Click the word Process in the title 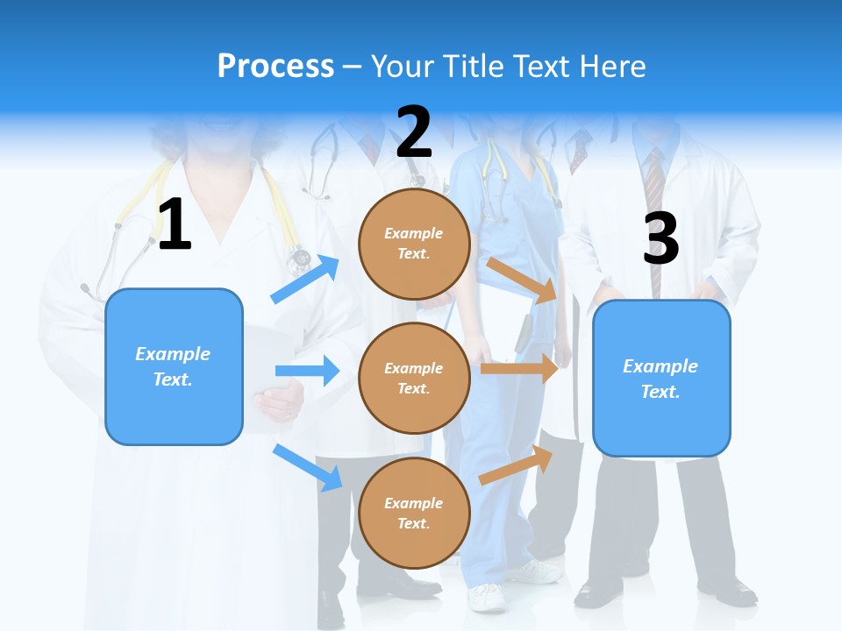[275, 67]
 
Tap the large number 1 [175, 225]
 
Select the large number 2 [414, 132]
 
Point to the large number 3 [660, 238]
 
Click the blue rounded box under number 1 [174, 366]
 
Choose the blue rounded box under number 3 [661, 379]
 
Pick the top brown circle [414, 244]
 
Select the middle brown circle [414, 378]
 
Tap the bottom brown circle [414, 513]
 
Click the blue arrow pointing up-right [305, 280]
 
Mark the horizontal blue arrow [307, 371]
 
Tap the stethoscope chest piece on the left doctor [300, 257]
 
